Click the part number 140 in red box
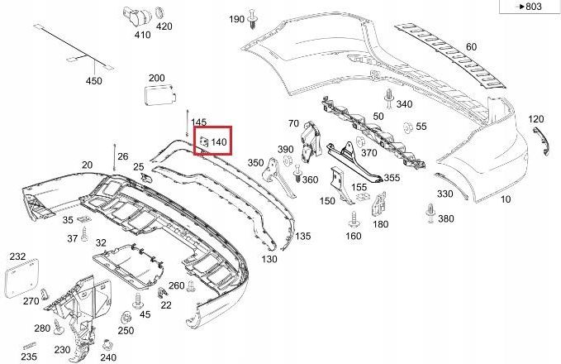(219, 142)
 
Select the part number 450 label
(94, 81)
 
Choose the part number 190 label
(236, 19)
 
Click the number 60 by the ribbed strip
(471, 47)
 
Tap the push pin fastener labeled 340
(388, 97)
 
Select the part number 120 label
(536, 119)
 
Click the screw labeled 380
(430, 213)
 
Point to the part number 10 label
(506, 200)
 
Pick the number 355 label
(392, 177)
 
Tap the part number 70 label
(292, 123)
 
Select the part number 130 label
(269, 259)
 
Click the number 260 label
(176, 285)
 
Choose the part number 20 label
(87, 165)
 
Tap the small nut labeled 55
(407, 127)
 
